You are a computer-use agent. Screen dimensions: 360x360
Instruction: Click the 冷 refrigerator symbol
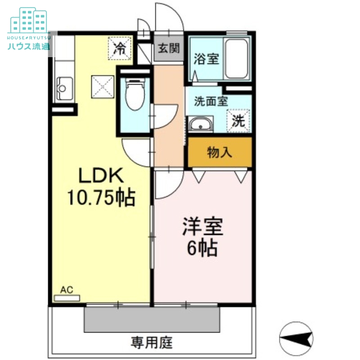point(119,47)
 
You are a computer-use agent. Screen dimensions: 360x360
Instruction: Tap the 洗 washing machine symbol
point(238,121)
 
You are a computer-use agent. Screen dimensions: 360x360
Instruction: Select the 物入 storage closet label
point(220,153)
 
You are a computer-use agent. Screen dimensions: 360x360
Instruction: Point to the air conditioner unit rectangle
point(67,297)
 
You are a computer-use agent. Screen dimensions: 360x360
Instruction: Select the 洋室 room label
point(203,228)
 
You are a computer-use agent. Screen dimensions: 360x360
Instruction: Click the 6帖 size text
point(202,248)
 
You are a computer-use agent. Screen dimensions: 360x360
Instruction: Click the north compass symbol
point(296,337)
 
